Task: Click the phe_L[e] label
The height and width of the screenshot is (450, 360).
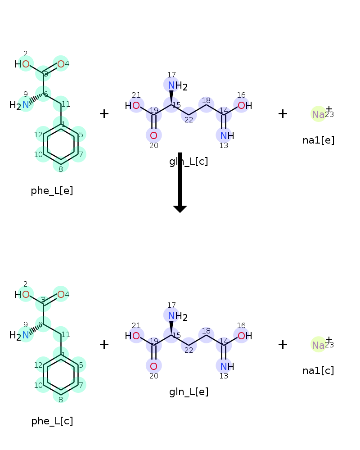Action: [x=52, y=191]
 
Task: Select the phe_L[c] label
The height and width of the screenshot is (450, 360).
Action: [x=52, y=421]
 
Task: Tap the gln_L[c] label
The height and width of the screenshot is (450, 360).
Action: [x=189, y=161]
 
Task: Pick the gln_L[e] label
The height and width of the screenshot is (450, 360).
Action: [x=189, y=392]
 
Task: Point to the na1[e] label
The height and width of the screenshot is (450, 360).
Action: [x=318, y=140]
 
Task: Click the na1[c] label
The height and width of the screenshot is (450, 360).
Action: [x=318, y=371]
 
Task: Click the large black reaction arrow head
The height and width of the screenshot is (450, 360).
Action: [x=180, y=208]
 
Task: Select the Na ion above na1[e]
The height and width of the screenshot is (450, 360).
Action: [x=318, y=114]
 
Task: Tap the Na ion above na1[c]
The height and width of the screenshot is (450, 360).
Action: [x=318, y=345]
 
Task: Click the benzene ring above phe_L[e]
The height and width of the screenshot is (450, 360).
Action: [x=61, y=144]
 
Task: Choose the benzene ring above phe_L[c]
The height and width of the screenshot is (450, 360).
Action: [x=61, y=374]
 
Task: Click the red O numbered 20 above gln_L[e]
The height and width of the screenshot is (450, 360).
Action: [x=153, y=366]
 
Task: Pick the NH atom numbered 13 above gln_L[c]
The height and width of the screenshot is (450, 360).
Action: [x=226, y=135]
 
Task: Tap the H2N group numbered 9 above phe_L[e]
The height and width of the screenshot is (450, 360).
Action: [x=20, y=105]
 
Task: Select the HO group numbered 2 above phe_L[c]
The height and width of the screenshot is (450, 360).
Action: [x=22, y=295]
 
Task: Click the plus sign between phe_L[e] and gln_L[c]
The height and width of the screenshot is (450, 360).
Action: [x=104, y=113]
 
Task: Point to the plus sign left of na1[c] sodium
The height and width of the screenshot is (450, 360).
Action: [x=283, y=344]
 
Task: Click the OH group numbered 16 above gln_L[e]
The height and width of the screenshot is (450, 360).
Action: [x=244, y=336]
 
